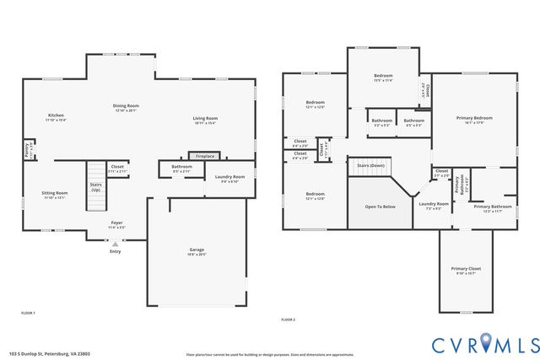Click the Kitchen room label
point(56,115)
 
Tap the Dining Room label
point(126,105)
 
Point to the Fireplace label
point(205,156)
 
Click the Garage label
point(197,250)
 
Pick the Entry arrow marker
point(116,244)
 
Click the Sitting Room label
point(55,193)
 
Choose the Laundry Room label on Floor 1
point(229,177)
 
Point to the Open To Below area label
point(380,206)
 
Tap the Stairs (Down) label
point(371,165)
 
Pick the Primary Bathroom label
point(492,207)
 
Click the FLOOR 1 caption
point(28,313)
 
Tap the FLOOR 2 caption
point(289,320)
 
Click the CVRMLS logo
point(485,343)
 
